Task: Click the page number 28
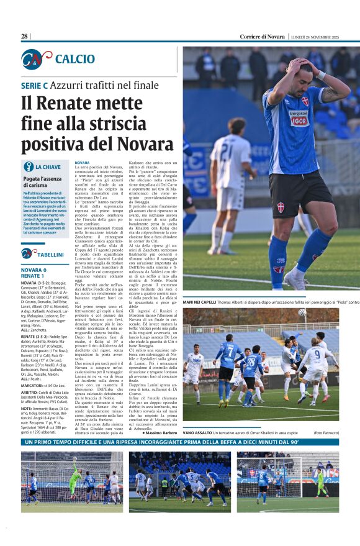(25, 37)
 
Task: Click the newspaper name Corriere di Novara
(263, 37)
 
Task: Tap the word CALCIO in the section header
(75, 59)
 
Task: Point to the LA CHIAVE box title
(48, 167)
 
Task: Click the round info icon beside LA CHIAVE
(29, 166)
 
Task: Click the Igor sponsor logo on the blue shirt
(299, 118)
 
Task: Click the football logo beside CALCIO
(34, 59)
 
